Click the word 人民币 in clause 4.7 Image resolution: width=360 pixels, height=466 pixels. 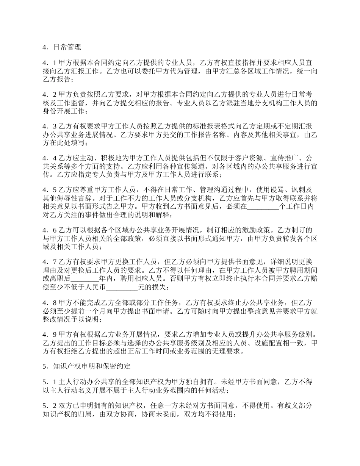[97, 287]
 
